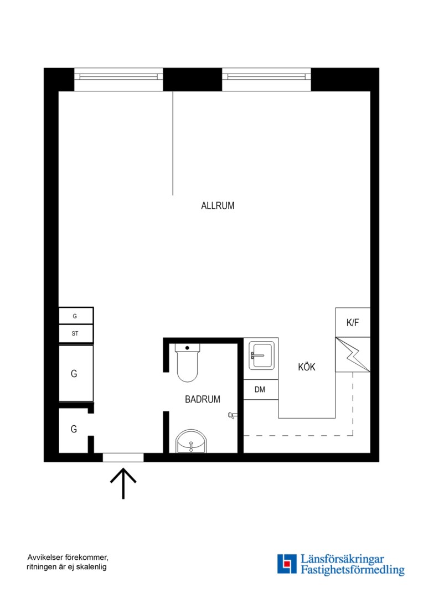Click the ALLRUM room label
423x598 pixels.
pos(218,205)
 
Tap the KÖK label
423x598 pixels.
pos(307,367)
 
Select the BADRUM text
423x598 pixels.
pos(203,399)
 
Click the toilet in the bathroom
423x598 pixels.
pos(187,362)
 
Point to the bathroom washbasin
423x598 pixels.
pos(190,442)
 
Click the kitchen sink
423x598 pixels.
pos(261,355)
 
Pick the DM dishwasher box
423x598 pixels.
pos(261,389)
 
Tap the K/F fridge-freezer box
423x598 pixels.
pos(353,322)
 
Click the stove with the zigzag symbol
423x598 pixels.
pos(353,355)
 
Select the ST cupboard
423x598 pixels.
pos(76,334)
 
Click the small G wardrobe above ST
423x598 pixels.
pos(76,316)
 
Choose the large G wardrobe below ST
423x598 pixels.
pos(76,373)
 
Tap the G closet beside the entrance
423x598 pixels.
pos(74,430)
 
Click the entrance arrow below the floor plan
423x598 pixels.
pos(123,483)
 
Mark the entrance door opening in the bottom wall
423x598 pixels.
pos(123,458)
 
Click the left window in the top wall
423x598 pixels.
pos(118,79)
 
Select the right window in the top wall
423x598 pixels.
pos(267,79)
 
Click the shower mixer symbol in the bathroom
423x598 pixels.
pos(233,415)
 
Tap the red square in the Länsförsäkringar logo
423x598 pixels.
pos(287,564)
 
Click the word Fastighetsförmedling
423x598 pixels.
pos(353,570)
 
